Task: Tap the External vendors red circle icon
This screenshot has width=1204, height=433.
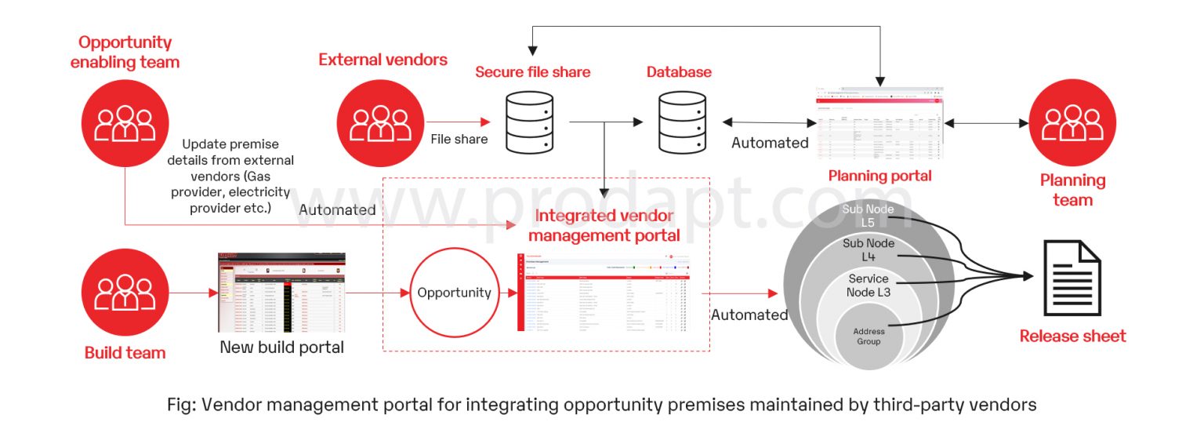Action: tap(380, 123)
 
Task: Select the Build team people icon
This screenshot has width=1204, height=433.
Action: tap(124, 293)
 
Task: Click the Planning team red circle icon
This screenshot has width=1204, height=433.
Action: tap(1072, 123)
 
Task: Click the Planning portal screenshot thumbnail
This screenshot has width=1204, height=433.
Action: tap(879, 124)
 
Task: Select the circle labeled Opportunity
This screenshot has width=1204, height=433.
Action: tap(454, 293)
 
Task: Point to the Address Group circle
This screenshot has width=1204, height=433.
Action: tap(868, 336)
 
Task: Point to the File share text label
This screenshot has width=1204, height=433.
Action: tap(459, 139)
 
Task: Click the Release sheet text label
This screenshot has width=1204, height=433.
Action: tap(1072, 337)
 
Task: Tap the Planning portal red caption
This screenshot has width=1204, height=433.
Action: tap(880, 176)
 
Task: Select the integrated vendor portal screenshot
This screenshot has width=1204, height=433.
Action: tap(604, 293)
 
